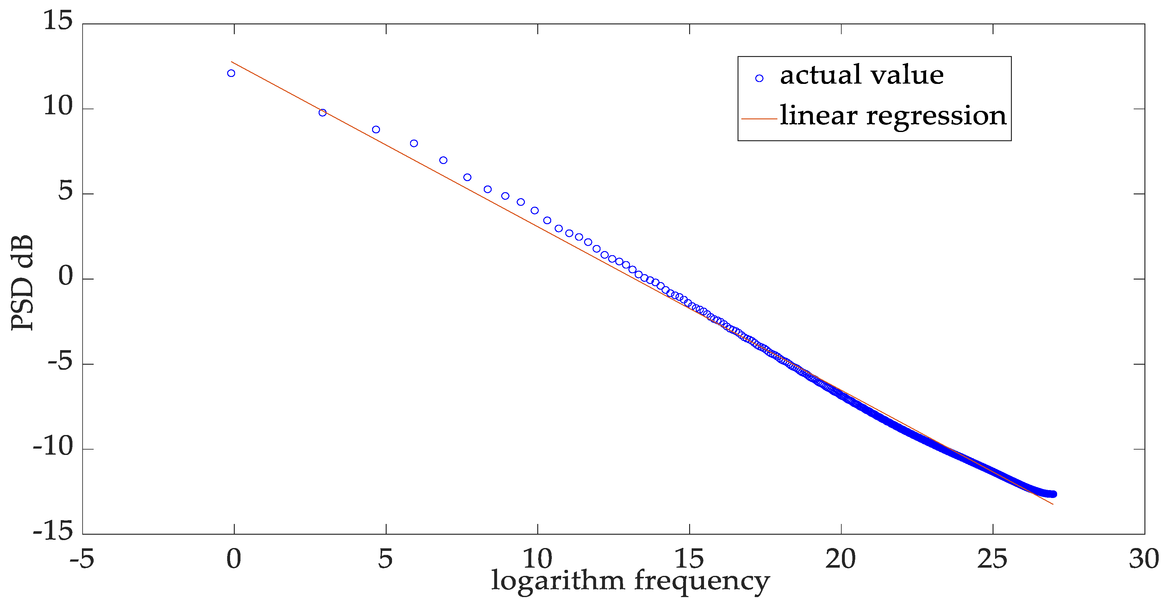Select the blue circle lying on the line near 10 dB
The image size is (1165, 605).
click(x=322, y=113)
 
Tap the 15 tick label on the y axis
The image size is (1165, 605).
click(x=58, y=21)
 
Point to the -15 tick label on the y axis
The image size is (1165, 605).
click(x=53, y=530)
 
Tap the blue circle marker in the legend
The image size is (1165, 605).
click(x=759, y=78)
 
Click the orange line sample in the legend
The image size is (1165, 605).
click(x=759, y=118)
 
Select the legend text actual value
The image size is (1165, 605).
click(x=862, y=75)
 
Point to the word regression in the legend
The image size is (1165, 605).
click(x=936, y=116)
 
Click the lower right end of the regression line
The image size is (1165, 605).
click(x=1053, y=504)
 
